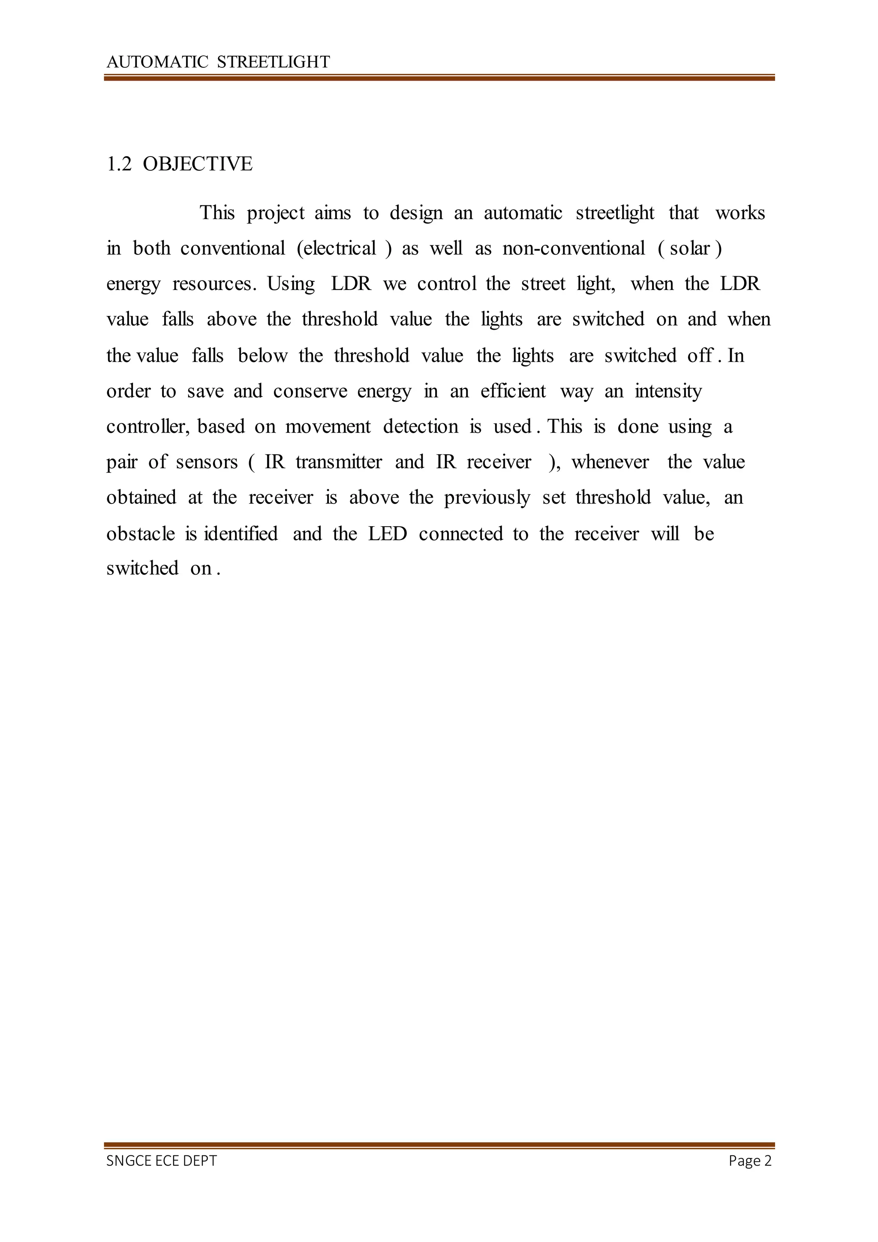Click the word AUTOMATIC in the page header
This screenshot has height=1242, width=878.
157,62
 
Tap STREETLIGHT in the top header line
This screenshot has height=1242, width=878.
273,62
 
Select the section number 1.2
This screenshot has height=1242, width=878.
119,164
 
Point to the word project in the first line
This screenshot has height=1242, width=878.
276,214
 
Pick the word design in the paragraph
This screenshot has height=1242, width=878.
416,214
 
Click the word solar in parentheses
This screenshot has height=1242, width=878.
689,248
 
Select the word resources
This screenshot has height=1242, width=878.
213,284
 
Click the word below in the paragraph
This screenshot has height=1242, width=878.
262,356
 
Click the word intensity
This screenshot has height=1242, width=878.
668,391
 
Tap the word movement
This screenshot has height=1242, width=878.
328,427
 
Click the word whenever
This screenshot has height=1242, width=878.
610,462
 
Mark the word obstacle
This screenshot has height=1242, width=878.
141,534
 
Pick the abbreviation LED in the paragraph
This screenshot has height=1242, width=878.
388,534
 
